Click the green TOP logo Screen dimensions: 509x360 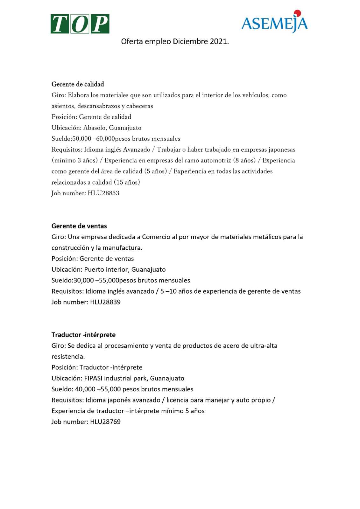tap(80, 24)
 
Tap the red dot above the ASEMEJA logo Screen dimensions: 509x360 tap(298, 13)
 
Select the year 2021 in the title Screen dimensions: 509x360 tap(219, 42)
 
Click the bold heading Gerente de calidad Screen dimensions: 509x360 tap(78, 84)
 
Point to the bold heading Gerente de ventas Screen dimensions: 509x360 tap(79, 226)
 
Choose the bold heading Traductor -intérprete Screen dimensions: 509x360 tap(83, 335)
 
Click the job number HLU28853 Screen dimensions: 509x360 tap(103, 193)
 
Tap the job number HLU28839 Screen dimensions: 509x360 tap(105, 302)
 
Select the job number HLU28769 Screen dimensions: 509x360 tap(105, 422)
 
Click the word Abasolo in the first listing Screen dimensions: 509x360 tap(95, 128)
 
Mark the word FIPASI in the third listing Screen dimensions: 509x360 tap(93, 379)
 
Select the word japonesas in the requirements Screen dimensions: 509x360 tap(282, 150)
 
